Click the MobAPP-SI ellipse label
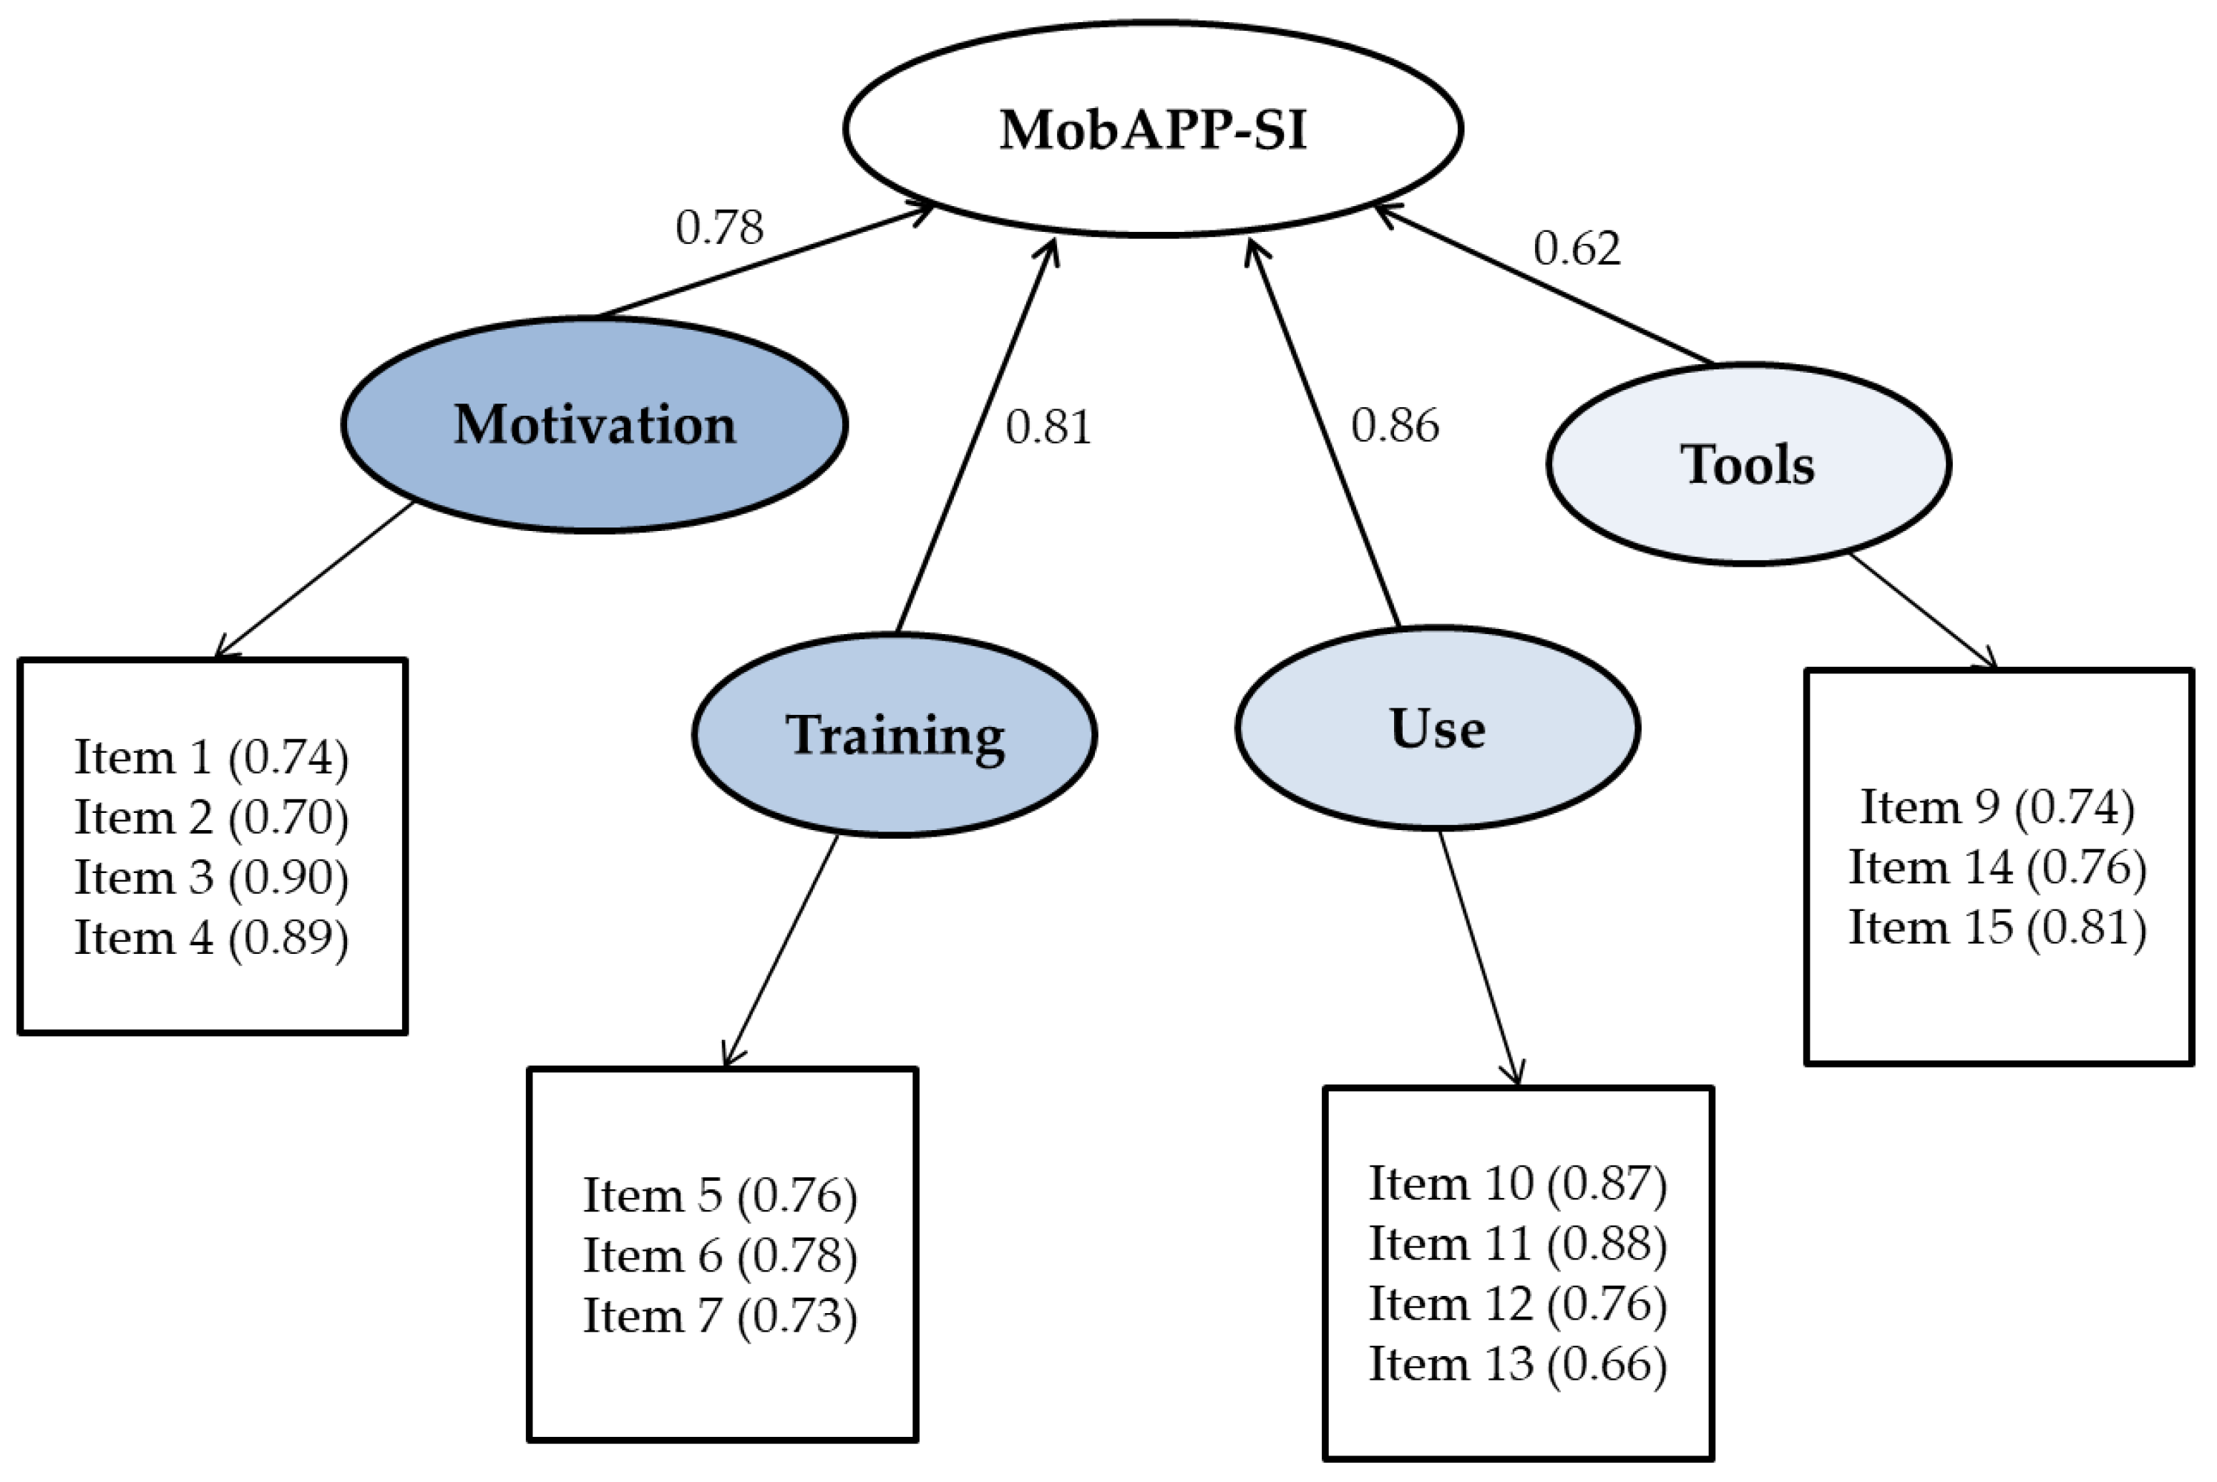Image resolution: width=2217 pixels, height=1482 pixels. (x=1152, y=130)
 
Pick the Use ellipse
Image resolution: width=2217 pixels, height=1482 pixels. (x=1436, y=728)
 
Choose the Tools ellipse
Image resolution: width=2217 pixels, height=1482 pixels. (x=1748, y=465)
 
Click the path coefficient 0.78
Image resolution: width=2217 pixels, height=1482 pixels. (x=719, y=227)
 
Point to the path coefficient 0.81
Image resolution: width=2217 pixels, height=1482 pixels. (x=1048, y=426)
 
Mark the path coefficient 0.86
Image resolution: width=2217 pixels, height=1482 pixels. (x=1395, y=425)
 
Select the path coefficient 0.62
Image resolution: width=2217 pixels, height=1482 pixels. (x=1577, y=248)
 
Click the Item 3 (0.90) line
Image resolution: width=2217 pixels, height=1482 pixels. (x=212, y=877)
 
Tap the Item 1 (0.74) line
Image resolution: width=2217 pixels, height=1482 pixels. (x=212, y=757)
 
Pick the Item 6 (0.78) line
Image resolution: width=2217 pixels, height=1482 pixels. (x=720, y=1255)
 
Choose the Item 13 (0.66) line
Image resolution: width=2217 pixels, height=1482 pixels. (x=1518, y=1364)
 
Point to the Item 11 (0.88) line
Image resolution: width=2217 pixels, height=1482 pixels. (x=1518, y=1243)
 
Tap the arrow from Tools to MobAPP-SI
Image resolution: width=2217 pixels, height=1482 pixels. (x=1543, y=283)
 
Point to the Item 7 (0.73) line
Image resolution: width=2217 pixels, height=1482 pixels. (x=720, y=1316)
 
